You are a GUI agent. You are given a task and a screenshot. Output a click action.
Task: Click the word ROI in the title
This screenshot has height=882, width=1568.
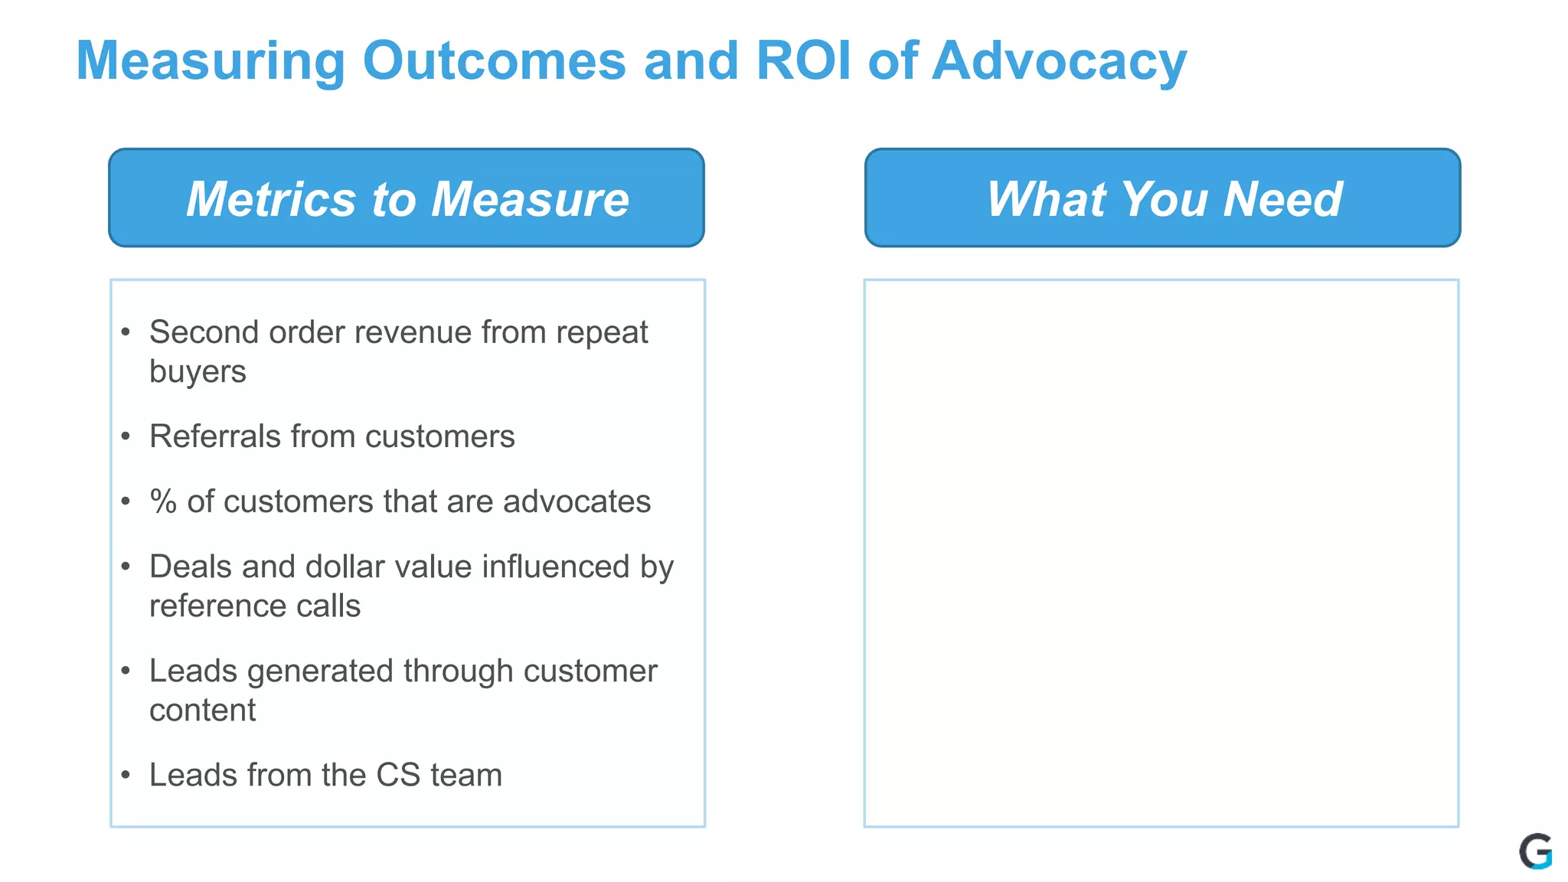tap(803, 60)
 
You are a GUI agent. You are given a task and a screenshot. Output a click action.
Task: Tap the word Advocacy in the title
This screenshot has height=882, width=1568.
tap(1059, 62)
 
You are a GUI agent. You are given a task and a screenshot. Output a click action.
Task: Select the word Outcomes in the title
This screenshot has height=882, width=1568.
tap(494, 60)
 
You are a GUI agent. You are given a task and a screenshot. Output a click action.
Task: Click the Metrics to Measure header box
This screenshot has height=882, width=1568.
tap(407, 198)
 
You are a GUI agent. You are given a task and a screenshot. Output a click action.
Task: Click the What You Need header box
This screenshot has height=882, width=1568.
tap(1162, 198)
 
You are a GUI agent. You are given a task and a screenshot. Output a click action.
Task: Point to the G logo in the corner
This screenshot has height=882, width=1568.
tap(1535, 851)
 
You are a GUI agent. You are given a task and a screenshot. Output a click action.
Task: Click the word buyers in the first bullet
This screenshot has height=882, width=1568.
tap(198, 372)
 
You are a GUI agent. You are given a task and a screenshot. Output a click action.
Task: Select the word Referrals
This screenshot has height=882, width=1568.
tap(215, 436)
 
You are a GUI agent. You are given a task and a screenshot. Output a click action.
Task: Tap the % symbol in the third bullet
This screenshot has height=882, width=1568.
tap(163, 502)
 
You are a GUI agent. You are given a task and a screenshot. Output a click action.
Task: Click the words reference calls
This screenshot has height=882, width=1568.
tap(254, 606)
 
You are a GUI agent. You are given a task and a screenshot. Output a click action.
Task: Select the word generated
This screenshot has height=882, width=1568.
tap(320, 671)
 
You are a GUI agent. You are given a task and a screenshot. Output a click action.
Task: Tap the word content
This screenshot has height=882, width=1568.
tap(202, 710)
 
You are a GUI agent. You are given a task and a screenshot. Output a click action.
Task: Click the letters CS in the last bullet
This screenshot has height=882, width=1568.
tap(398, 776)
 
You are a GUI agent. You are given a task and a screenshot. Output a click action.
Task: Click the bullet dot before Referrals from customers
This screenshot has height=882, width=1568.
tap(126, 436)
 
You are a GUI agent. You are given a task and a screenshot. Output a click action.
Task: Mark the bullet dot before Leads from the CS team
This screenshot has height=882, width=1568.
tap(126, 775)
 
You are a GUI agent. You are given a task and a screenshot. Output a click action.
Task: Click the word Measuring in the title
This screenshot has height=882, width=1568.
tap(211, 62)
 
